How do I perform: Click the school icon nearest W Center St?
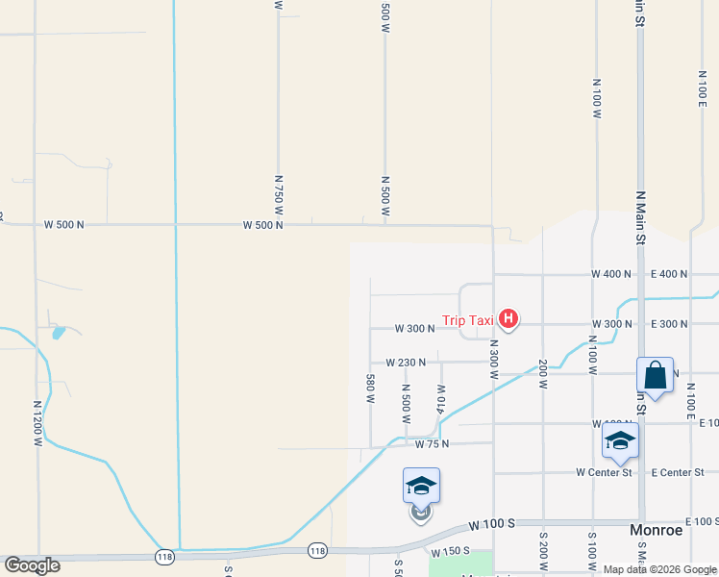click(620, 441)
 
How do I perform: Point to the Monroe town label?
click(656, 530)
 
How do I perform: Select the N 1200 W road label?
click(38, 424)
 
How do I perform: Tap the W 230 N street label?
click(406, 363)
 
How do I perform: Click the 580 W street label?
click(370, 389)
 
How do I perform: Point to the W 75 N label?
click(433, 444)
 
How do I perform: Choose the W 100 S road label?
click(492, 524)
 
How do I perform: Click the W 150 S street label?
click(451, 551)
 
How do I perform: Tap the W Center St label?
click(604, 472)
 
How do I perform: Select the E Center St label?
click(678, 472)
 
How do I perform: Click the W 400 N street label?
click(611, 274)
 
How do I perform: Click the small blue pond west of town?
click(60, 333)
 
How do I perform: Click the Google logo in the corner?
click(33, 565)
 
